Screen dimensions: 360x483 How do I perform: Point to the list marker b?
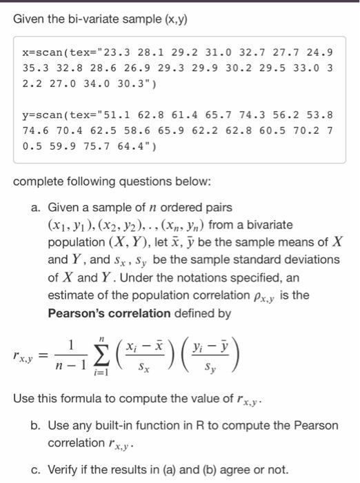[37, 425]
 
